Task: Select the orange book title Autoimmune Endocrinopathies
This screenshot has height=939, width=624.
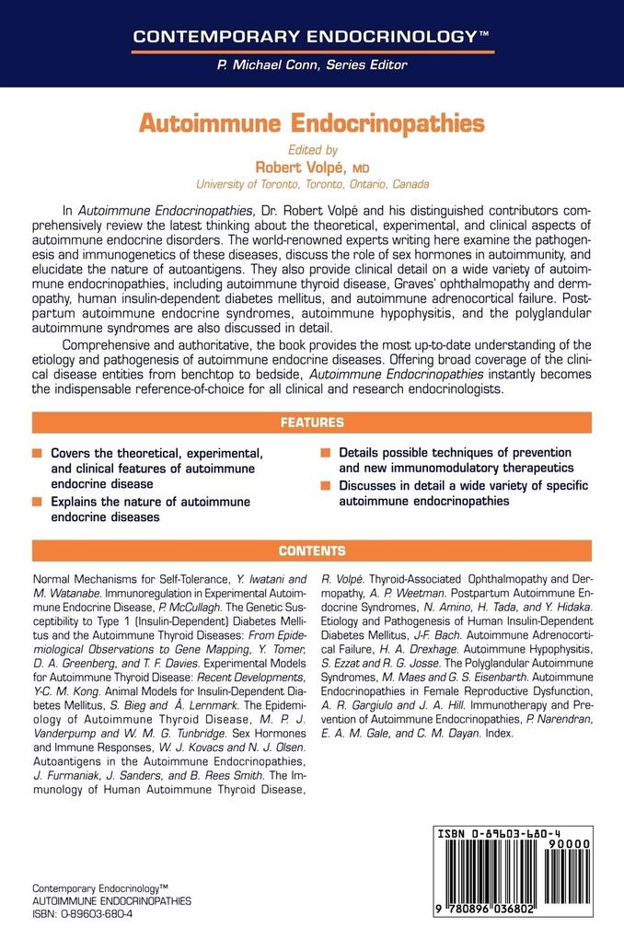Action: (311, 122)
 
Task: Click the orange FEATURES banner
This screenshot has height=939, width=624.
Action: (311, 423)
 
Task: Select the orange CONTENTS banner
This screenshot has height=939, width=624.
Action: (311, 551)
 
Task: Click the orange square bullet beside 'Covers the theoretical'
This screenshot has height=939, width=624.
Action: (36, 455)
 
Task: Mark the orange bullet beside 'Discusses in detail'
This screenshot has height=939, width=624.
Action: (325, 486)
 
